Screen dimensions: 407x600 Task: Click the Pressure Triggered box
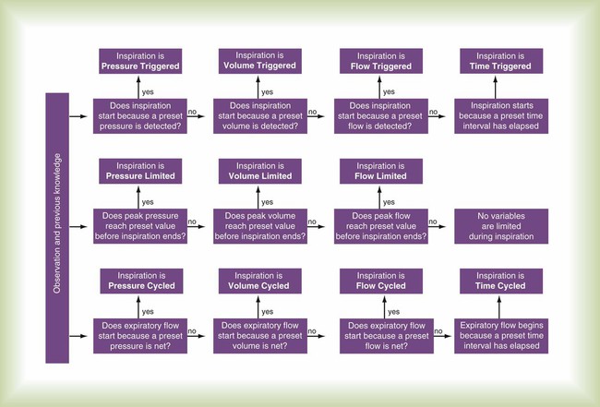tap(140, 61)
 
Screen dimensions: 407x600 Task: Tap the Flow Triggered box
tap(380, 61)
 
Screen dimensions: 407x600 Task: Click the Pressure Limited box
tap(140, 171)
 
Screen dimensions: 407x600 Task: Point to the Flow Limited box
tap(380, 171)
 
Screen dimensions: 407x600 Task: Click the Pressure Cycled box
tap(140, 281)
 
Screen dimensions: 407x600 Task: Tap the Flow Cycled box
tap(380, 281)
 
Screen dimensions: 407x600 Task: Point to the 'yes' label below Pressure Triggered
tap(149, 91)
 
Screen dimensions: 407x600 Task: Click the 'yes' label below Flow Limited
tap(389, 201)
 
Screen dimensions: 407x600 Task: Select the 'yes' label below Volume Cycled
tap(269, 312)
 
